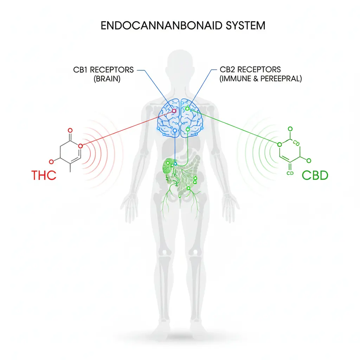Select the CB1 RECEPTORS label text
103,70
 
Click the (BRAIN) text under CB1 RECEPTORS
107,79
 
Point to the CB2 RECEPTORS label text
250,70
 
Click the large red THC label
44,175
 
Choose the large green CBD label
315,175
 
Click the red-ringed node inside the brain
174,111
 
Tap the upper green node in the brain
187,108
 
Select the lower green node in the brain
187,130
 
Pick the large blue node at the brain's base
175,131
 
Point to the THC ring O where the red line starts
81,146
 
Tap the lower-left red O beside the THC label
51,161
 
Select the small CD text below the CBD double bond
290,173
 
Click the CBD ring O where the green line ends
280,144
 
